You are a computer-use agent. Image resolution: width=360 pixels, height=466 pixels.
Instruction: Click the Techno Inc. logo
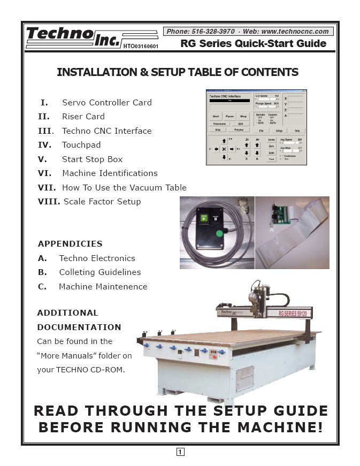pyautogui.click(x=73, y=37)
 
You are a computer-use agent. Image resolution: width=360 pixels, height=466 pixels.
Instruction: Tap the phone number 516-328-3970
pyautogui.click(x=214, y=32)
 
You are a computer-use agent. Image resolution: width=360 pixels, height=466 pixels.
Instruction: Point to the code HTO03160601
pyautogui.click(x=141, y=47)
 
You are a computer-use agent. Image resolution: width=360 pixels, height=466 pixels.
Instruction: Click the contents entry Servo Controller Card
pyautogui.click(x=106, y=102)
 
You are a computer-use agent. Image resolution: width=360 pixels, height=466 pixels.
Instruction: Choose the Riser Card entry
pyautogui.click(x=83, y=116)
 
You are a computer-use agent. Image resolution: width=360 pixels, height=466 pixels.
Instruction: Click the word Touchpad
pyautogui.click(x=81, y=144)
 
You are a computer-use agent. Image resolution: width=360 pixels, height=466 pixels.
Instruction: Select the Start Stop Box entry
pyautogui.click(x=92, y=159)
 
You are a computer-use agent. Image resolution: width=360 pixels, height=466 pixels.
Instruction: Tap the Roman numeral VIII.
pyautogui.click(x=49, y=202)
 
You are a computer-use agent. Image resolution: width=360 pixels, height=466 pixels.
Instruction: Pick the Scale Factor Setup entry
pyautogui.click(x=102, y=202)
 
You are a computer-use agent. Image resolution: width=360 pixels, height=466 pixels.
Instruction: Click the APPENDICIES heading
pyautogui.click(x=70, y=243)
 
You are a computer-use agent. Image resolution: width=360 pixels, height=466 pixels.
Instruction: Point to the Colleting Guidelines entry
pyautogui.click(x=100, y=272)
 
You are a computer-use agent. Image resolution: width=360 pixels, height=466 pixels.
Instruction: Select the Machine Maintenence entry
pyautogui.click(x=103, y=286)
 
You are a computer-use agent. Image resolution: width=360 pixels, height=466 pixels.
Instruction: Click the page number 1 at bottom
pyautogui.click(x=180, y=452)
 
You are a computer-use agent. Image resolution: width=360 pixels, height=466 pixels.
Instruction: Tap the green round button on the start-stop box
pyautogui.click(x=219, y=233)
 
